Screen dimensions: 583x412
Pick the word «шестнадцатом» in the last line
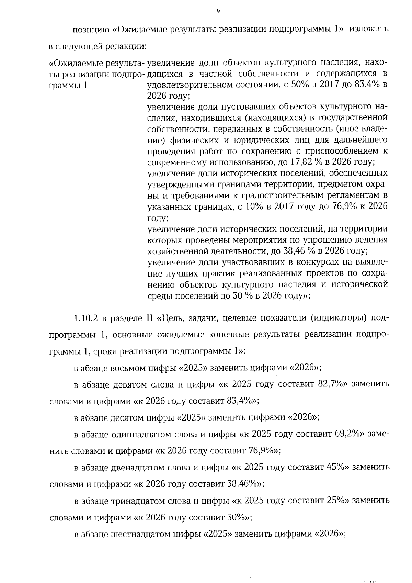pos(141,534)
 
